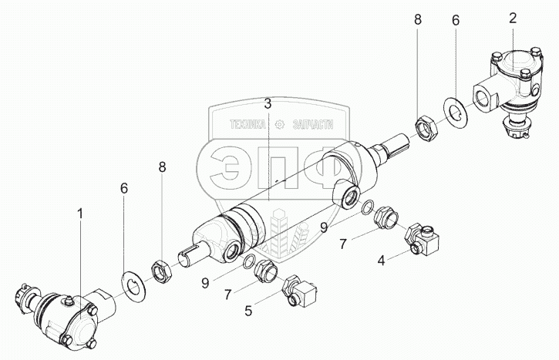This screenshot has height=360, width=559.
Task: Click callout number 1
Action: tap(79, 210)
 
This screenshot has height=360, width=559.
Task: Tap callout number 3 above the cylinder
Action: tap(267, 103)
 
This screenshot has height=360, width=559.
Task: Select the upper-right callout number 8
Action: tap(417, 19)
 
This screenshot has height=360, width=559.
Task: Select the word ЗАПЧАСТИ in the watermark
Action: tap(318, 124)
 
